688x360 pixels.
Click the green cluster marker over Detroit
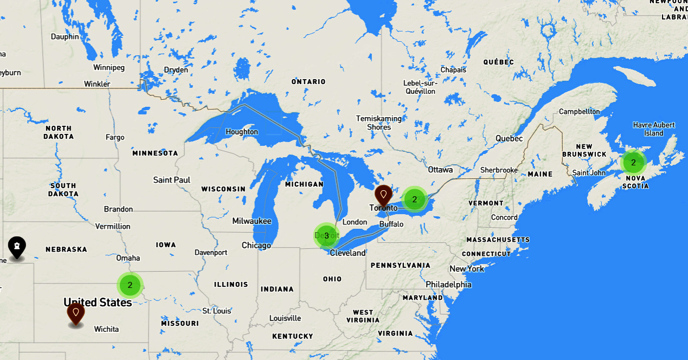(x=326, y=236)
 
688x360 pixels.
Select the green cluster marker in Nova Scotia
(x=633, y=162)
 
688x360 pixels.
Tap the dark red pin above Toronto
(x=383, y=194)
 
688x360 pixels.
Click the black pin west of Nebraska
(x=17, y=247)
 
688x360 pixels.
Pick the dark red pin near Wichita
(x=75, y=313)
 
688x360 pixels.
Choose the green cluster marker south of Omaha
(x=130, y=285)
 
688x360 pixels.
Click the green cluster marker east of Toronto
(x=415, y=199)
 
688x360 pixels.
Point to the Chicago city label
(x=256, y=246)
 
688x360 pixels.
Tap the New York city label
(x=467, y=269)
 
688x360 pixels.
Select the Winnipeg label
(x=109, y=68)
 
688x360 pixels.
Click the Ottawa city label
(x=440, y=170)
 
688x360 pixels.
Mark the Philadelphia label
(x=448, y=285)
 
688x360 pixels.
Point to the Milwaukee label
(x=252, y=221)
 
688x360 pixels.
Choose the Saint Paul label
(x=172, y=180)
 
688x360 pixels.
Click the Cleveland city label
(x=348, y=253)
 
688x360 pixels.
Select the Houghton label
(x=242, y=132)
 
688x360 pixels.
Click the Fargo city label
(x=115, y=138)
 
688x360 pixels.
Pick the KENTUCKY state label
(x=293, y=336)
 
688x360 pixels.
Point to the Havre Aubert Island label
(x=654, y=129)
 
